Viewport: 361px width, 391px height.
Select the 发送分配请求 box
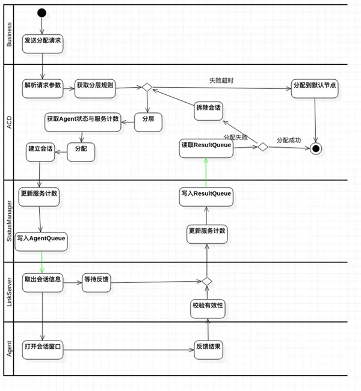(43, 42)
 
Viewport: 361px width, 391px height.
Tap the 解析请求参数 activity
(43, 86)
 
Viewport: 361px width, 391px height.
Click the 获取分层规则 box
(94, 86)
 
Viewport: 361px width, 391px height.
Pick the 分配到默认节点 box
(314, 86)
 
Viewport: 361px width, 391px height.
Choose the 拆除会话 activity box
(208, 109)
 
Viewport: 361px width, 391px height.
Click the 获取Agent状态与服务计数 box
(82, 120)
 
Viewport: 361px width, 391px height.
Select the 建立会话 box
(39, 148)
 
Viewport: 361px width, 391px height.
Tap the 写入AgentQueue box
(42, 239)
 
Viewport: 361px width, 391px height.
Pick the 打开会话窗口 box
(43, 348)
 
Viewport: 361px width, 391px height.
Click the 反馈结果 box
(208, 348)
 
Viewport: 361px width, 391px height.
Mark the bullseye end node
(315, 148)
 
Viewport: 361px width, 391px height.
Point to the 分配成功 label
(289, 141)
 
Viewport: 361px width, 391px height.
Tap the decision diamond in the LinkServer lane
(206, 281)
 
